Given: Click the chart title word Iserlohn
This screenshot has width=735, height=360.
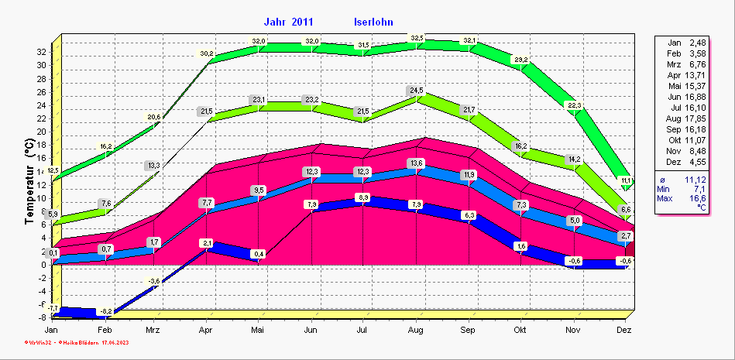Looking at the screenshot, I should (378, 22).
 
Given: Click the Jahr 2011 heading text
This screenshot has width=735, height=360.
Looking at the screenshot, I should (292, 22).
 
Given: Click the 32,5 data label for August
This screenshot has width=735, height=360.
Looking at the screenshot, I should (417, 39).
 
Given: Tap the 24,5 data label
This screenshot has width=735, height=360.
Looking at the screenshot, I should (417, 91).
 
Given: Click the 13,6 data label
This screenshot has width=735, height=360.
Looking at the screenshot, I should (416, 163).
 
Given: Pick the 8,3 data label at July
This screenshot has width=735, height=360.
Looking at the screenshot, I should (363, 198).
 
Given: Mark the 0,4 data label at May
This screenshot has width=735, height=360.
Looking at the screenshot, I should (259, 254).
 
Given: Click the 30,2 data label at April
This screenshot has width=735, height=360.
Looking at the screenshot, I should (207, 53).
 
